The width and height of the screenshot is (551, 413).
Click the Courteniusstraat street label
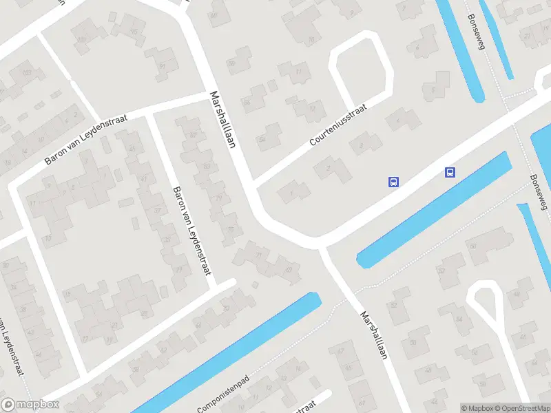pos(339,125)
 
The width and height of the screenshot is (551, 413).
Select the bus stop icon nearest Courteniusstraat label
pos(393,182)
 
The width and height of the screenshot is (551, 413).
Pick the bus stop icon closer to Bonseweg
pos(450,172)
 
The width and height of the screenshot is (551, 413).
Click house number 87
pos(193,135)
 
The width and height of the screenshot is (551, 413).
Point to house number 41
pos(143,179)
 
